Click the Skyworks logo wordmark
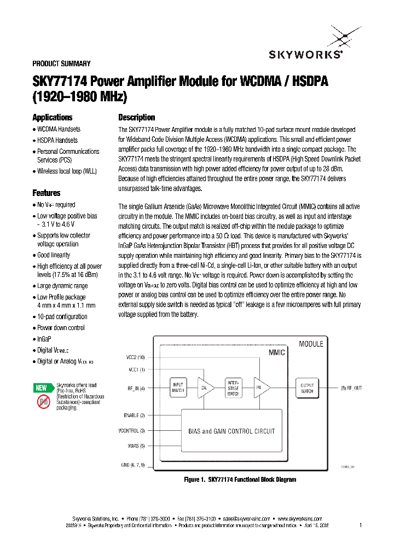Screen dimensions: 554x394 [x=306, y=54]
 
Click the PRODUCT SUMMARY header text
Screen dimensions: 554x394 [x=62, y=64]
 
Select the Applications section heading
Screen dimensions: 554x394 [x=52, y=118]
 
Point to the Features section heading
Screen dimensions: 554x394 [x=47, y=193]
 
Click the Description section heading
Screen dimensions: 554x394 [x=137, y=118]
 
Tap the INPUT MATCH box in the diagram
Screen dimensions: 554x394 [x=178, y=387]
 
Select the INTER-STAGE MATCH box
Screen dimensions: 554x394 [x=233, y=387]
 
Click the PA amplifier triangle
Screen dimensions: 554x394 [x=260, y=387]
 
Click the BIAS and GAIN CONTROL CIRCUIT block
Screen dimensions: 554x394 [x=231, y=431]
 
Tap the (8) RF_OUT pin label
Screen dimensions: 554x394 [x=350, y=388]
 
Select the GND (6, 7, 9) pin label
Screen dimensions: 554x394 [x=132, y=464]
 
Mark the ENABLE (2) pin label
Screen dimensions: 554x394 [x=132, y=415]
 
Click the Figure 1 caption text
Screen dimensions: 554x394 [x=240, y=480]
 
